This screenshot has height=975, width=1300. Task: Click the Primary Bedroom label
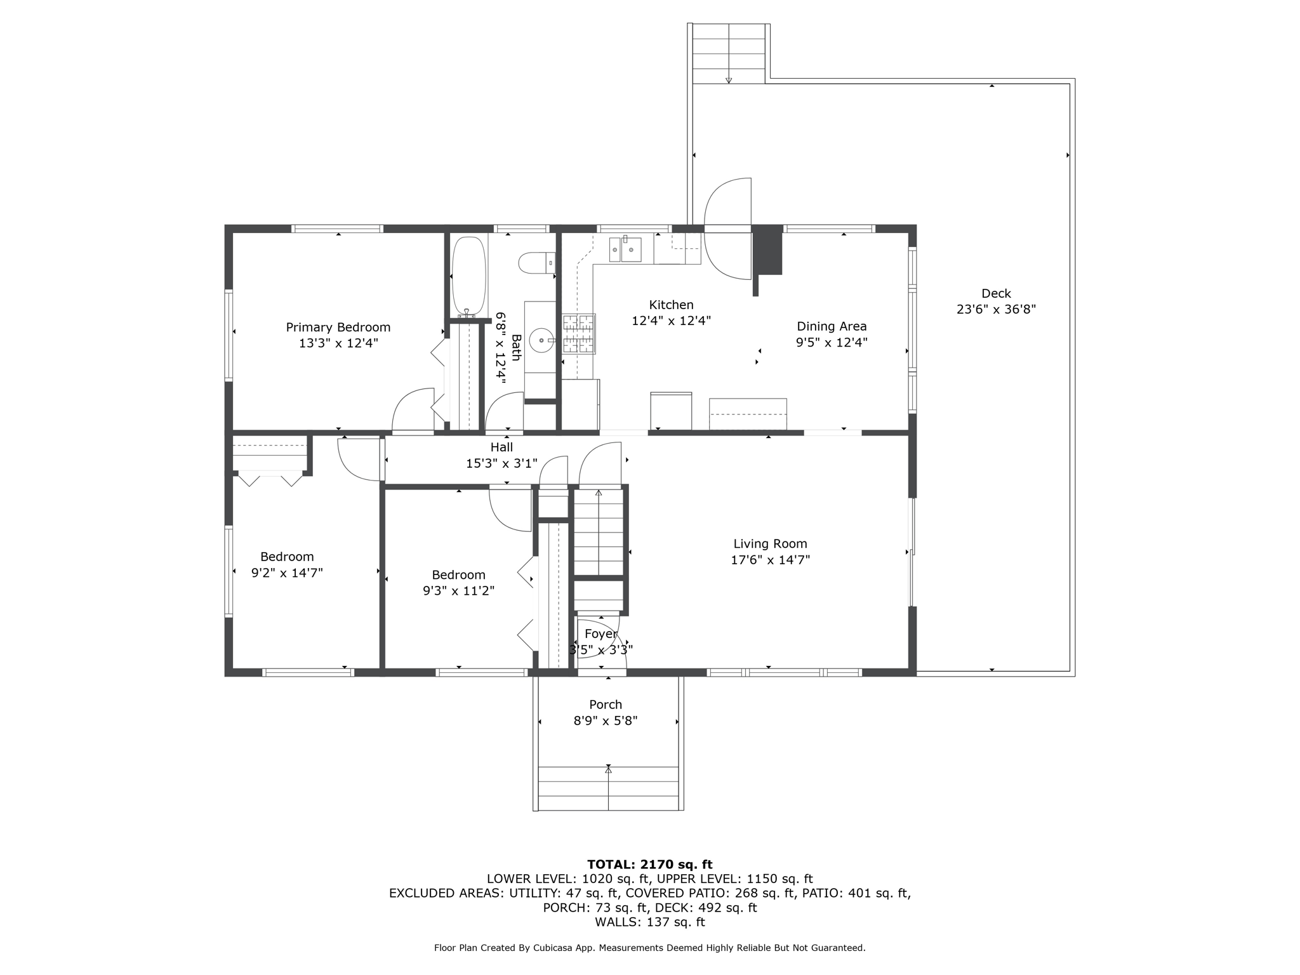coord(338,328)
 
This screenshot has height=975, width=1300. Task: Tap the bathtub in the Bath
coord(469,276)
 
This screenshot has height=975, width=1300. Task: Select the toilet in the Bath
coord(537,263)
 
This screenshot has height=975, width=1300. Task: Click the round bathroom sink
coord(541,341)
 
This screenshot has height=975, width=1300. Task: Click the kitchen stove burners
coord(579,334)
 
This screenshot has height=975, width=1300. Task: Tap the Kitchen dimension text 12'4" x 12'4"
coord(671,321)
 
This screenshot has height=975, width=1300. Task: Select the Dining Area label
coord(832,326)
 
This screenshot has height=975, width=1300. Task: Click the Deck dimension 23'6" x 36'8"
coord(996,310)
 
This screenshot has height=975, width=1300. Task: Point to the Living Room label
coord(770,544)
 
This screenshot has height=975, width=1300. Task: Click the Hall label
coord(501,447)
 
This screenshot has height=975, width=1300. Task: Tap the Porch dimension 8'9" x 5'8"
coord(606,721)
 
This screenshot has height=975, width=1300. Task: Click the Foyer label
coord(600,634)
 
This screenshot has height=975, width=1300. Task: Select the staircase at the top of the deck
coord(729,54)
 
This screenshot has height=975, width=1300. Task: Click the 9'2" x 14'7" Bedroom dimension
coord(287,573)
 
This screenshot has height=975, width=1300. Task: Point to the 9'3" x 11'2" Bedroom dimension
coord(458,591)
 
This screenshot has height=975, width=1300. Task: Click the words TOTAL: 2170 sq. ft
coord(650,865)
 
